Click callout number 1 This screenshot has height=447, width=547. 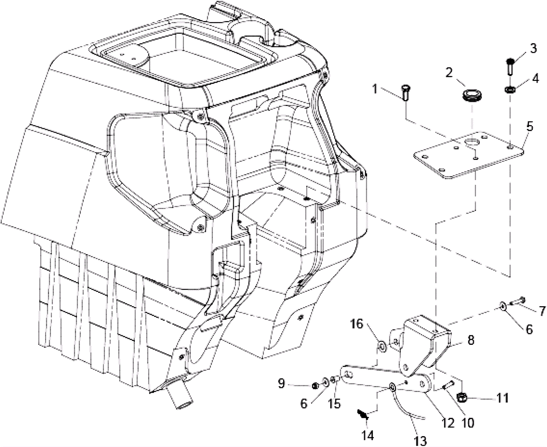pos(374,89)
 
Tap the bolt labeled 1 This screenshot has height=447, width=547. pos(405,93)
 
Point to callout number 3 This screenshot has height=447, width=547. pos(533,49)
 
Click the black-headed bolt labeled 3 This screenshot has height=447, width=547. pos(510,66)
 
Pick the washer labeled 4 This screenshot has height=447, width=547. pos(510,90)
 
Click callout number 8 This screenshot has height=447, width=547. pos(471,340)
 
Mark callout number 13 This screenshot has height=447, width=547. pos(420,440)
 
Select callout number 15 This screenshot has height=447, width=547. pos(335,404)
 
